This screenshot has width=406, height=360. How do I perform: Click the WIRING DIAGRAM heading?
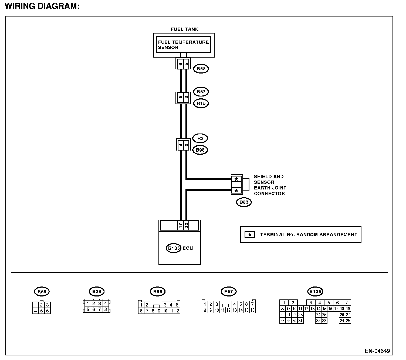coord(42,6)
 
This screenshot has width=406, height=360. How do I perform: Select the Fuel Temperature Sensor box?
coord(184,45)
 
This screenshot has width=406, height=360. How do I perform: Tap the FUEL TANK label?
coord(185,29)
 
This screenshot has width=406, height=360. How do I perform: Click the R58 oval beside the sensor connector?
coord(201,69)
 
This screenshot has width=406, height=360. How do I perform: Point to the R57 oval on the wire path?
coord(201,92)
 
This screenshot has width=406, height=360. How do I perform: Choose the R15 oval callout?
coord(201,103)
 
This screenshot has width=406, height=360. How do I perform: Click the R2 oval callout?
coord(200,138)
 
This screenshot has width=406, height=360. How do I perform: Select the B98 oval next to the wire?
coord(200,150)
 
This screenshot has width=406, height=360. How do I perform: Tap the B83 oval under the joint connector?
coord(244,202)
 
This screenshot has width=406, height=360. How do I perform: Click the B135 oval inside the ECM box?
coord(173,248)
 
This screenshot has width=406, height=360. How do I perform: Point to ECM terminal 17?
coord(180,225)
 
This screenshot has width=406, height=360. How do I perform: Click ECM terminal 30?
coord(186,225)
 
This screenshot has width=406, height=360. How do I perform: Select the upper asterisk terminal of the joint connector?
coord(237,179)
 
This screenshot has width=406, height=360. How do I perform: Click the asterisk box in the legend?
coord(250,235)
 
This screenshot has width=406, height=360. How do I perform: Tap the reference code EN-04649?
coord(377,351)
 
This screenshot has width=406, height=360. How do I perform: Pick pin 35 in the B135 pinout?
coord(348,321)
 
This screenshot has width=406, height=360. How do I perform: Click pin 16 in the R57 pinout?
coord(252,310)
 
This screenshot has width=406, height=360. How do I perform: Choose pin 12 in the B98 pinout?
coord(177,311)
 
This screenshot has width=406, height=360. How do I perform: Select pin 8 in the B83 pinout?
coord(106,309)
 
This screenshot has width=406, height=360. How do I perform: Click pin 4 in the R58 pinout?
coord(36,311)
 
